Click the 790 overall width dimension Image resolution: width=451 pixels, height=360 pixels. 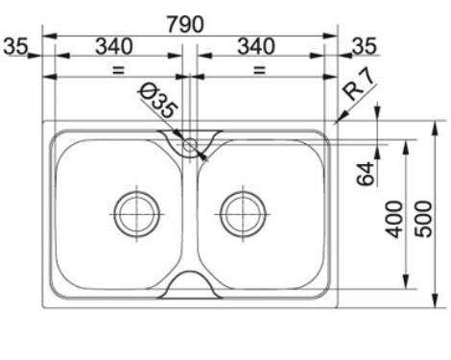click(185, 24)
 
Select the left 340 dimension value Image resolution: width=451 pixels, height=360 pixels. click(114, 46)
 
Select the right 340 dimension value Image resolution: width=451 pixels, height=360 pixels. click(256, 46)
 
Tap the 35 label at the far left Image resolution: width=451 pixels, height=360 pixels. click(15, 46)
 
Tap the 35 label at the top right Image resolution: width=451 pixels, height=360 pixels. click(365, 46)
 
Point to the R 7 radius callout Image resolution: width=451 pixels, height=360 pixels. click(358, 85)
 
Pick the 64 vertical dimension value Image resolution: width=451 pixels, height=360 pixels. click(366, 174)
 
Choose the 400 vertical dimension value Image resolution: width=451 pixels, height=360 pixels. click(394, 219)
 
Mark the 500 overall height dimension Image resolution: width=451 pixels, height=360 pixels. click(423, 219)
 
